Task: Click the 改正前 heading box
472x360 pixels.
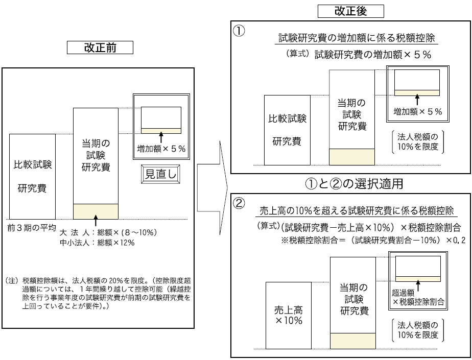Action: (x=100, y=47)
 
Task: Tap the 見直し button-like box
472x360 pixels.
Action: (x=161, y=174)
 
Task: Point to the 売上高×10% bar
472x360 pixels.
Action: (x=289, y=315)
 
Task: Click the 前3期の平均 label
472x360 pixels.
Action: (x=32, y=227)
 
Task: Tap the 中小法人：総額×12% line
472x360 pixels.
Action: (x=97, y=242)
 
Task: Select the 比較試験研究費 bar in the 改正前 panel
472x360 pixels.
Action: (x=32, y=176)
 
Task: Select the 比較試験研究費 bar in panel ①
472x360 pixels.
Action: (x=287, y=130)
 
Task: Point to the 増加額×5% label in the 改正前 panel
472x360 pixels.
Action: (x=161, y=149)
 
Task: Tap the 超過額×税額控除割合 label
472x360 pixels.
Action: (x=418, y=297)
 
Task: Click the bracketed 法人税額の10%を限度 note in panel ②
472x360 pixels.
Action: (x=417, y=330)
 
